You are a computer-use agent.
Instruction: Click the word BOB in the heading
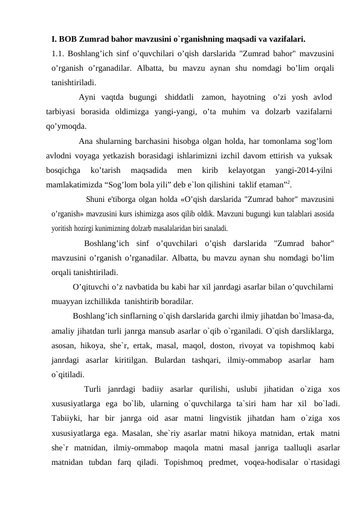[69, 41]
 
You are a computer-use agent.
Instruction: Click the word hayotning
[245, 97]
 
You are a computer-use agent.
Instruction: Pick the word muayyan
[68, 300]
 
